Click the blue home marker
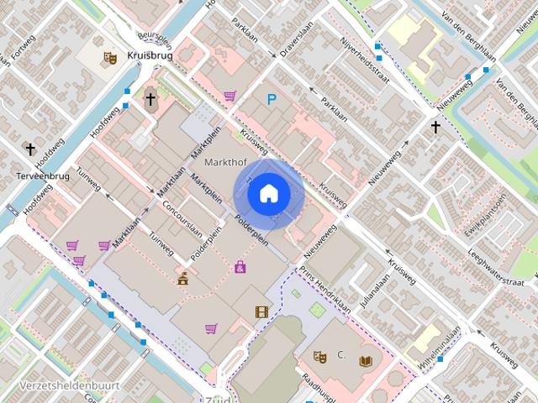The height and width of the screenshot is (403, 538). click(x=268, y=193)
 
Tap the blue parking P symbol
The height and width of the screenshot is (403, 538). click(x=271, y=99)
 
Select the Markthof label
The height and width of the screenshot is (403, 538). click(x=224, y=163)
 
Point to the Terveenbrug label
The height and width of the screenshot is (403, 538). click(x=43, y=177)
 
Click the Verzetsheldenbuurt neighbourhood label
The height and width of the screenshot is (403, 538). click(x=59, y=385)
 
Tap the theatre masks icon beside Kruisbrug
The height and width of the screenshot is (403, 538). click(x=108, y=58)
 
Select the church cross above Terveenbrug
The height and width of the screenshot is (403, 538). click(x=30, y=149)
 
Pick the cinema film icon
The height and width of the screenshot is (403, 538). click(x=262, y=312)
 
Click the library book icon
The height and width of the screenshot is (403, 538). click(x=364, y=361)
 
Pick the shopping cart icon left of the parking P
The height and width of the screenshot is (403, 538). click(x=229, y=96)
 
